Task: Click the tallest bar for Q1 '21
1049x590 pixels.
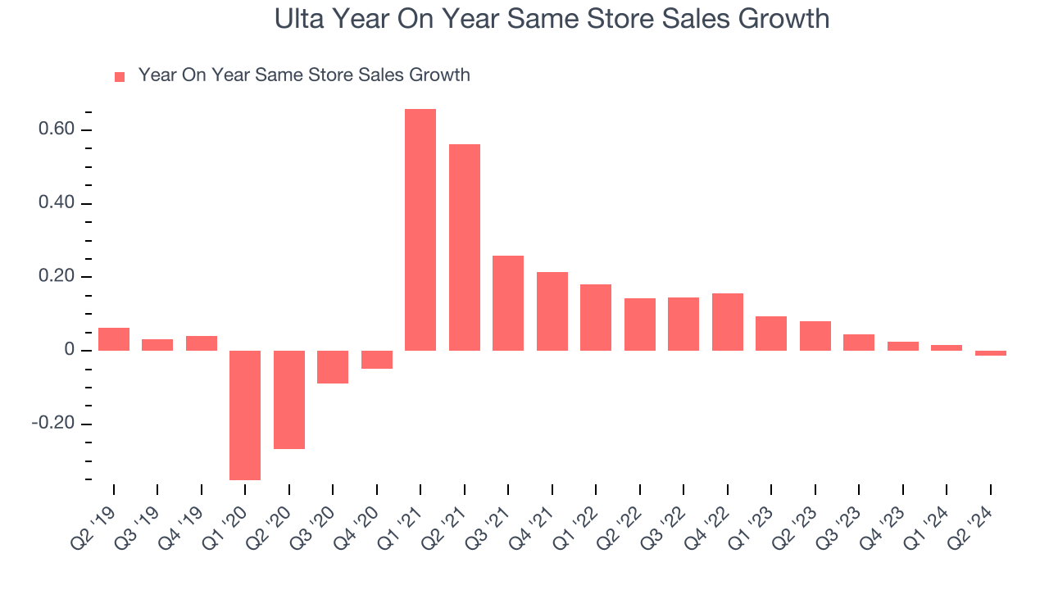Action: click(x=420, y=229)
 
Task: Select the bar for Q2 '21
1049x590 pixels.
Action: click(x=465, y=247)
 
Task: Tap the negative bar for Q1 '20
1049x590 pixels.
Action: click(x=245, y=415)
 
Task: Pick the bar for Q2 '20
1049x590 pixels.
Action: click(x=289, y=399)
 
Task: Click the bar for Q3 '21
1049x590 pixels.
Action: click(x=508, y=303)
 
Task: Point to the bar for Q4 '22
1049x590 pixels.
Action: click(x=728, y=322)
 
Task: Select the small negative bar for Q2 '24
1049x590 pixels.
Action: click(x=991, y=353)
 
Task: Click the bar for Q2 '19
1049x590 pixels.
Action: click(x=114, y=339)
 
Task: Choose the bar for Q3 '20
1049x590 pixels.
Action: click(x=333, y=367)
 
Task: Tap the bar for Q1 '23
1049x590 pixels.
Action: click(x=771, y=334)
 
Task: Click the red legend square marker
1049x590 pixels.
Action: click(x=120, y=77)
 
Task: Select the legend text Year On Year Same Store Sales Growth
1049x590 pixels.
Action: click(x=304, y=75)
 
